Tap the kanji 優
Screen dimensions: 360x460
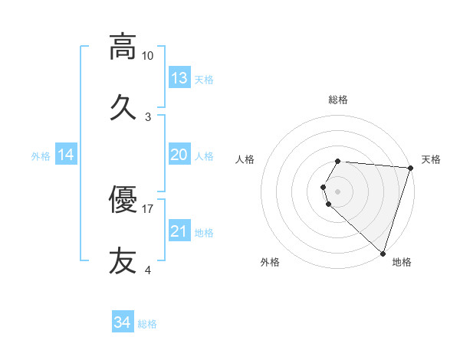(x=123, y=199)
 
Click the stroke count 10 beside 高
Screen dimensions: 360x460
(x=147, y=56)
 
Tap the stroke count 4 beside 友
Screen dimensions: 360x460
(x=148, y=270)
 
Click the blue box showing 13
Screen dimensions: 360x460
(x=179, y=78)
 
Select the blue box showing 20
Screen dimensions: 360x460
(x=179, y=155)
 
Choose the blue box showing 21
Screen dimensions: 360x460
(x=179, y=231)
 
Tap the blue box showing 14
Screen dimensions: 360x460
(x=66, y=155)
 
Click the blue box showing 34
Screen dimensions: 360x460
(x=123, y=322)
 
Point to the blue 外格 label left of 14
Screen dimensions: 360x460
(x=41, y=156)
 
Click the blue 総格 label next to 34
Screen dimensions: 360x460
(x=147, y=324)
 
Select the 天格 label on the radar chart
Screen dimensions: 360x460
(x=431, y=159)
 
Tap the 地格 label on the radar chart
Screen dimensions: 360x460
(x=402, y=263)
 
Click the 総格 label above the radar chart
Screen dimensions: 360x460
(x=338, y=100)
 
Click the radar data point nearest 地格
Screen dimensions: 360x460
(x=383, y=253)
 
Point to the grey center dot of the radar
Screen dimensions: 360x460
(x=338, y=191)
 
